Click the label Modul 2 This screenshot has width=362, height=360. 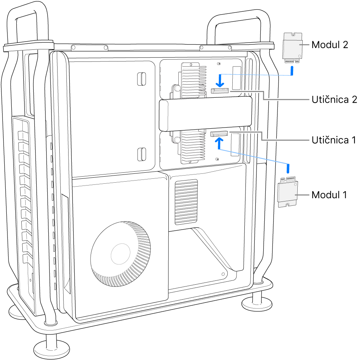pos(329,45)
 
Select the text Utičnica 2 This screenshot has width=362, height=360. pos(334,100)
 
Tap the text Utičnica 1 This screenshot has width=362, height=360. pos(334,140)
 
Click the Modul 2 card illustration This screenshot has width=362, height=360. pos(292,48)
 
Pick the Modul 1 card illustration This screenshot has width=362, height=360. pos(288,192)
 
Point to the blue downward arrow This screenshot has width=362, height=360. pos(220,80)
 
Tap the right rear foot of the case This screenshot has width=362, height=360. pos(254,303)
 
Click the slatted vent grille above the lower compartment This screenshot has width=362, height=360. pos(186,202)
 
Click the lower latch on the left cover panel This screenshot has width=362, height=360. pos(141,154)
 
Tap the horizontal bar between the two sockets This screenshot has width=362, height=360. pos(205,114)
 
